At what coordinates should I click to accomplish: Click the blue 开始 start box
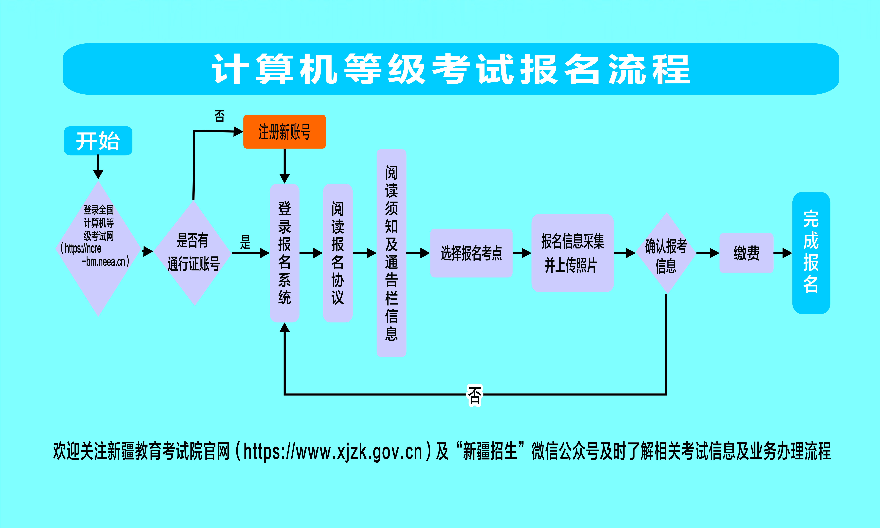[98, 141]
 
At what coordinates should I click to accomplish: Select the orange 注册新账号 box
[284, 132]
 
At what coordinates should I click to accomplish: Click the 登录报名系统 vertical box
[284, 253]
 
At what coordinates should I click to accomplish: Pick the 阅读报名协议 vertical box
[337, 253]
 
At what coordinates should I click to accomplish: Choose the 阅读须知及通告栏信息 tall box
[391, 253]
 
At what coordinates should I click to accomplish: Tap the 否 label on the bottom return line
[474, 395]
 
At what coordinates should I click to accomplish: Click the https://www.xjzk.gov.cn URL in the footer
[333, 451]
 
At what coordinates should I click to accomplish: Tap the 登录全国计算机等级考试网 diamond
[98, 248]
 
